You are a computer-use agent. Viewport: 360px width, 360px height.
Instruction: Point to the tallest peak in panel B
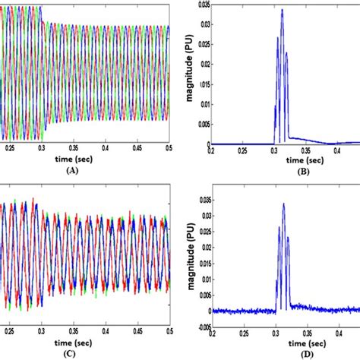282,10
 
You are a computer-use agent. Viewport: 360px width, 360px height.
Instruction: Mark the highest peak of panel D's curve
283,204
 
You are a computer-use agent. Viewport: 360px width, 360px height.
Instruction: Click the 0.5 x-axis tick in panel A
169,151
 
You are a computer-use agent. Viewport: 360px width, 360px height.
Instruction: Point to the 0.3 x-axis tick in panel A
44,151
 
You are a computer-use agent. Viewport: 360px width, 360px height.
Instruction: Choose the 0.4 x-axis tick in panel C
127,332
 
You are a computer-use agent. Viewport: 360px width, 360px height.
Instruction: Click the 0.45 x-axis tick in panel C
147,332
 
